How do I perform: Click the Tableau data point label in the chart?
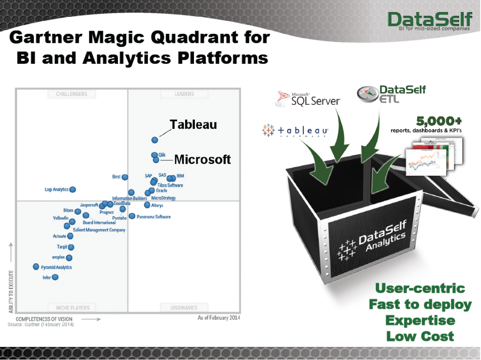[193, 124]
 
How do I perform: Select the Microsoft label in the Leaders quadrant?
[202, 160]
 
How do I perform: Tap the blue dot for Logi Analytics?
[72, 189]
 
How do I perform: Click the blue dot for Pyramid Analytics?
[36, 267]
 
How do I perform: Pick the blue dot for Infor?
[55, 277]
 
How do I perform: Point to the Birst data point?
[124, 177]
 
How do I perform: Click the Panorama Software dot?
[132, 216]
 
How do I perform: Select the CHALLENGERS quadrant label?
[71, 94]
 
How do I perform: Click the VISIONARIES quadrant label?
[184, 308]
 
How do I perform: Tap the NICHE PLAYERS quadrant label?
[73, 308]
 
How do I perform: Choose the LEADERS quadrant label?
[184, 94]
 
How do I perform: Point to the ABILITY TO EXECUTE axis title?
[11, 291]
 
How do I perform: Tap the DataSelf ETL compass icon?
[366, 94]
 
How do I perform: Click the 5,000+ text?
[439, 121]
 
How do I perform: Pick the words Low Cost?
[420, 336]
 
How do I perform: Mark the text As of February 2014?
[219, 318]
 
